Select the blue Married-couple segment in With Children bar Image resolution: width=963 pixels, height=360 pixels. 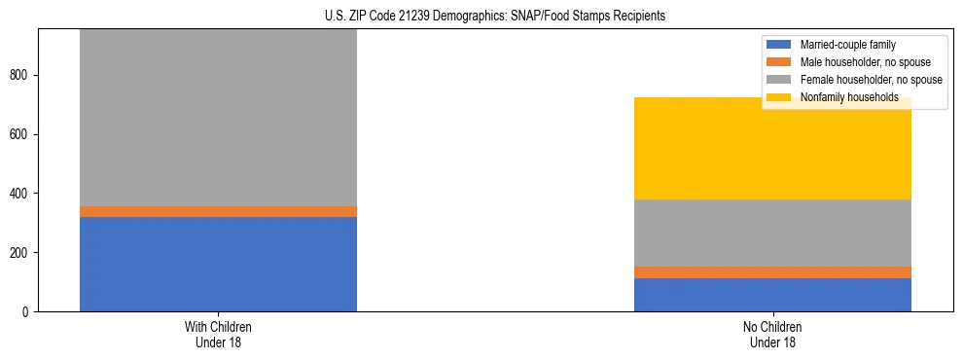click(x=218, y=264)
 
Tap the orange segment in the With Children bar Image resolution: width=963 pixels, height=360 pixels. click(x=218, y=211)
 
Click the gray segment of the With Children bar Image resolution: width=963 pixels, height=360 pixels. click(x=218, y=117)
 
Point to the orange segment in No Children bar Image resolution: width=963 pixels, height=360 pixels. click(x=772, y=272)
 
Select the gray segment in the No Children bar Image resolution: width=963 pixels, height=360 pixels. click(x=772, y=234)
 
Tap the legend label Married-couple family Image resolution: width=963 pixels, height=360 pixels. click(x=847, y=45)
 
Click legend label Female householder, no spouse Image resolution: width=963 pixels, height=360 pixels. click(x=871, y=80)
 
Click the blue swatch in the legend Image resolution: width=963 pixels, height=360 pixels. click(x=779, y=45)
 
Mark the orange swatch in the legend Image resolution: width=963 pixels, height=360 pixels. click(x=779, y=62)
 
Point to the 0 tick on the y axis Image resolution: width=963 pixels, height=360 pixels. click(x=27, y=312)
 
